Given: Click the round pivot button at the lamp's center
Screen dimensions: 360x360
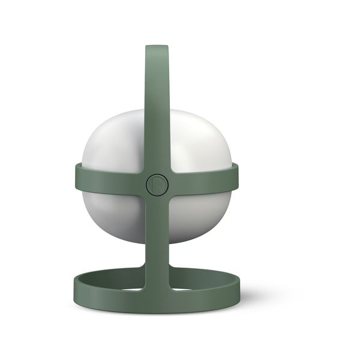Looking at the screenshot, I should [x=157, y=184].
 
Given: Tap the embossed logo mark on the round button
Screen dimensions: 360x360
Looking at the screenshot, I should [x=157, y=184].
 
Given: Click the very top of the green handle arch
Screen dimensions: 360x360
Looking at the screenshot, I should [x=157, y=47].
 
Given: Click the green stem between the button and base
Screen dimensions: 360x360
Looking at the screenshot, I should [x=157, y=240].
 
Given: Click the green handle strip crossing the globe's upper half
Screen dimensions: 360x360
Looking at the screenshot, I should [x=157, y=120].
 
